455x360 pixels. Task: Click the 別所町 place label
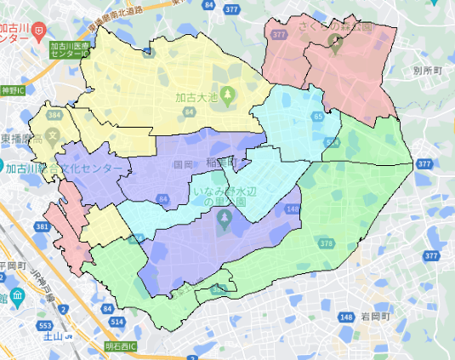click(429, 71)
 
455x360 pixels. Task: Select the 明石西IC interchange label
click(122, 346)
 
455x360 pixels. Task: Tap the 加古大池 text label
click(196, 96)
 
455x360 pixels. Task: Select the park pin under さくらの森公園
click(335, 45)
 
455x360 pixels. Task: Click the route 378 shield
click(327, 244)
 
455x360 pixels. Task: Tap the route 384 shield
click(55, 115)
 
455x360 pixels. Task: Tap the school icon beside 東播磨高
click(53, 134)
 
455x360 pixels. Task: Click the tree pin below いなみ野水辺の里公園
click(225, 222)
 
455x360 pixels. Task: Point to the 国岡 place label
click(182, 163)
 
